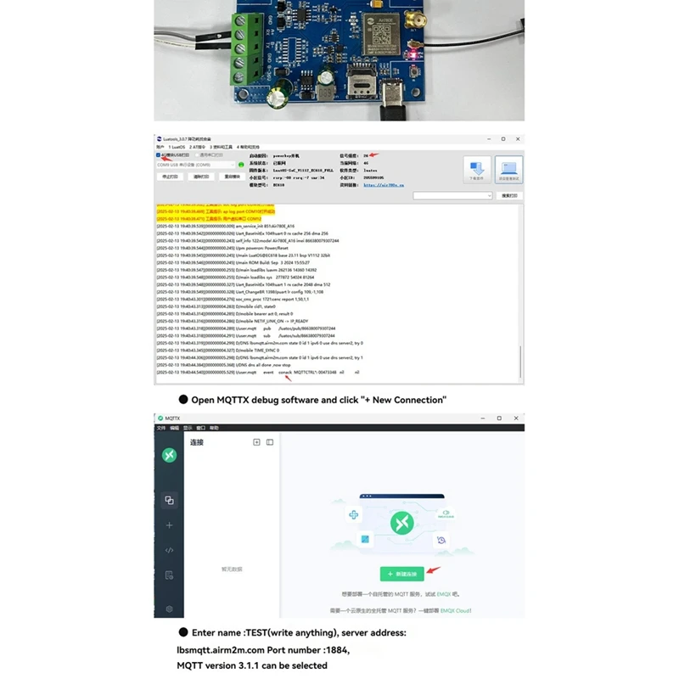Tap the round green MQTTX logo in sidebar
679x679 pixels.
tap(169, 455)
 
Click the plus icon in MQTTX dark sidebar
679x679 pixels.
tap(169, 525)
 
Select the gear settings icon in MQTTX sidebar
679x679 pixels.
tap(169, 609)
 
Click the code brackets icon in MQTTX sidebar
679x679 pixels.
tap(169, 550)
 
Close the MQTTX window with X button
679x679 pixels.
tap(515, 418)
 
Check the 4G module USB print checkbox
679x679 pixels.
tap(159, 155)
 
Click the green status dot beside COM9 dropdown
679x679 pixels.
tap(241, 165)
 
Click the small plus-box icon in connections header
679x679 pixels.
tap(256, 442)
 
